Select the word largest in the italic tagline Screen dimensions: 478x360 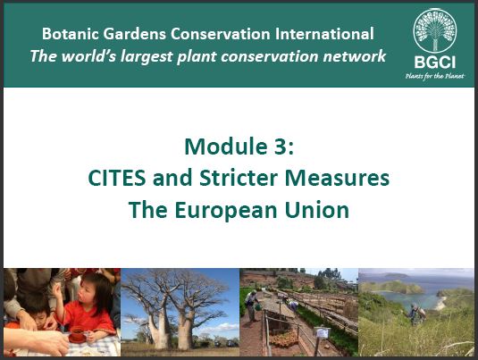tap(147, 56)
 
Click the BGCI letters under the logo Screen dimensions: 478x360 tap(435, 63)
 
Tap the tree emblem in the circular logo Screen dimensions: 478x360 tap(435, 29)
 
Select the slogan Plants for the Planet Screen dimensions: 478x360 tap(435, 76)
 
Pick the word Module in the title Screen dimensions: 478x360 tap(226, 147)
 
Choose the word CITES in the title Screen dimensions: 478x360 tap(117, 178)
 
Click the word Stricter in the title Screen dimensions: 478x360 tap(239, 178)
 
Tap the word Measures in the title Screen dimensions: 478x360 tap(337, 178)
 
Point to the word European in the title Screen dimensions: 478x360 tap(226, 211)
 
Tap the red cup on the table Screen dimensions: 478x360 tap(77, 334)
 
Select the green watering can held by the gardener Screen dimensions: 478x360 tap(258, 306)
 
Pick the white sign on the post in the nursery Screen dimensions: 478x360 tap(322, 332)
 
